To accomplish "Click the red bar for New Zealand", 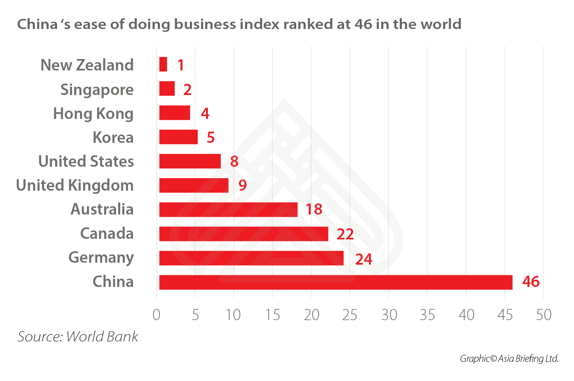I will [163, 64].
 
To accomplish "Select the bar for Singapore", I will [167, 89].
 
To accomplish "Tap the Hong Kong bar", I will [175, 113].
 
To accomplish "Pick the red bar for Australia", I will [228, 209].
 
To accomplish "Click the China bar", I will [336, 282].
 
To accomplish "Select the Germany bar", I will [251, 258].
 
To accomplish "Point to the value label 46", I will [531, 282].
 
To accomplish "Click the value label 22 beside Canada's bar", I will [345, 234].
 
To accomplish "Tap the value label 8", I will [234, 161].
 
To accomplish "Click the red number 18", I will [314, 209].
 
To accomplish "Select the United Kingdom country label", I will [75, 185].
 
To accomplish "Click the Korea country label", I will [113, 137].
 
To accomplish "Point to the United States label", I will [86, 161].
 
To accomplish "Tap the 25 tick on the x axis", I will [350, 315].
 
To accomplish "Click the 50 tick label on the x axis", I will [543, 315].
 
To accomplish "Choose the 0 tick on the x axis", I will [156, 315].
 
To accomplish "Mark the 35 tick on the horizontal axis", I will [427, 315].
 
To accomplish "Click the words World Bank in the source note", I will [102, 337].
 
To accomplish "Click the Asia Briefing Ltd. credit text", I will [528, 359].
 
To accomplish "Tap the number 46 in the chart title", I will [363, 24].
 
